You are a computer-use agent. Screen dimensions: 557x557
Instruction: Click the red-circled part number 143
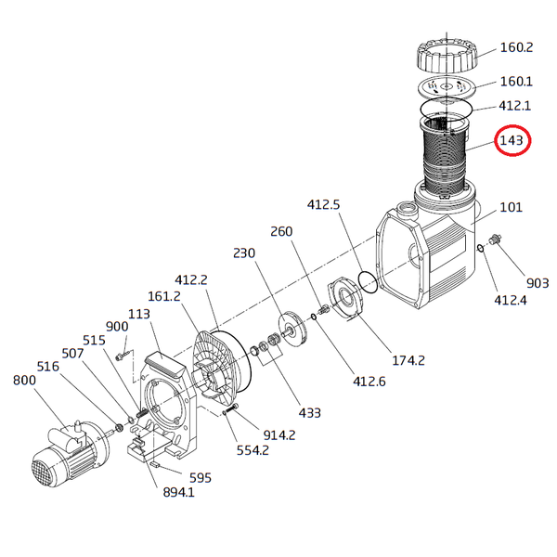click(x=512, y=141)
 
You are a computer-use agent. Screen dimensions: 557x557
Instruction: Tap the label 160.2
click(x=516, y=47)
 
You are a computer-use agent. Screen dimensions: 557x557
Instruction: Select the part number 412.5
click(x=323, y=204)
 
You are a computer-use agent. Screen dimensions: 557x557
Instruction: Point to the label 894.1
click(x=178, y=492)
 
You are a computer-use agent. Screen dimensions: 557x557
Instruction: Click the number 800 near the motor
click(x=24, y=381)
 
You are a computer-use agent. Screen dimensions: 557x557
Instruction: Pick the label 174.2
click(x=408, y=360)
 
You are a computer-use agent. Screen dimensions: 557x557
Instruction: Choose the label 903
click(x=538, y=283)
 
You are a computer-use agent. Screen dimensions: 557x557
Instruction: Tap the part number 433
click(x=310, y=413)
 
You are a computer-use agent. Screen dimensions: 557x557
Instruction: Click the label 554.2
click(x=253, y=450)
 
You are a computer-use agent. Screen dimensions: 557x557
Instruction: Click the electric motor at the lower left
click(x=70, y=449)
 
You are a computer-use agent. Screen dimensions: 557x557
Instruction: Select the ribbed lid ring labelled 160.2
click(x=447, y=57)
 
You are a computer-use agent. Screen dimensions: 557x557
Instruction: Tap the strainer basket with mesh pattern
click(x=445, y=156)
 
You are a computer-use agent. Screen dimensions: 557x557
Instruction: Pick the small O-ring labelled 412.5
click(x=368, y=282)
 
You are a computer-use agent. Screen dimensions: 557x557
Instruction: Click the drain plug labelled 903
click(x=496, y=240)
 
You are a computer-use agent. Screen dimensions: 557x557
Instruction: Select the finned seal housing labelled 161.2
click(x=217, y=367)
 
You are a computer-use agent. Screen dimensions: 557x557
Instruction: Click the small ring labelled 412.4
click(x=480, y=248)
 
